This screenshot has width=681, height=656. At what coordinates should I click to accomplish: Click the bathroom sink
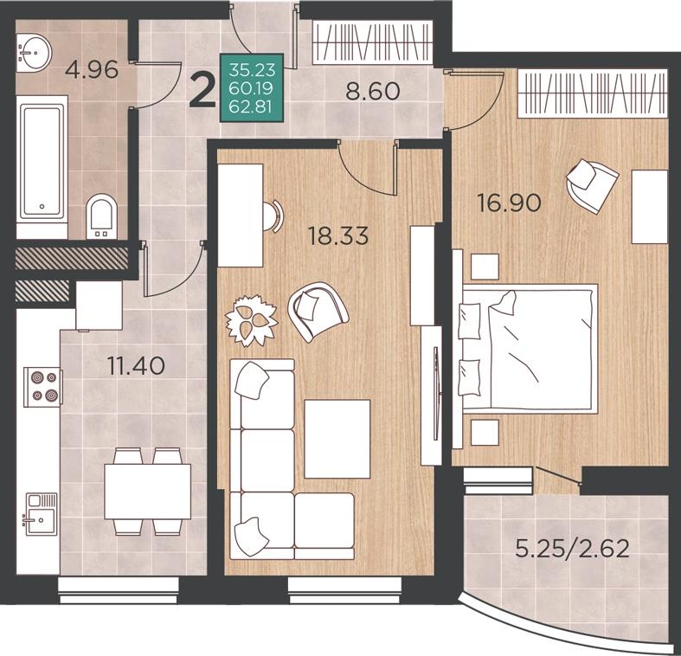point(34,52)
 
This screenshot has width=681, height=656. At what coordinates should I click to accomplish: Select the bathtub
point(42,162)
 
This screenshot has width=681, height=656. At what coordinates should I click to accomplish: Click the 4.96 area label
point(91,69)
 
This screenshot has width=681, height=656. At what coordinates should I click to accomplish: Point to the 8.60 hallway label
point(373,91)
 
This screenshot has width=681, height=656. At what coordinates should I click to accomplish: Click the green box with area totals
point(252,87)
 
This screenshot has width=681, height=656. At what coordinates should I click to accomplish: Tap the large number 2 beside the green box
point(202,92)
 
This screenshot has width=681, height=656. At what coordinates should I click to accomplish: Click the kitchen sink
point(42,514)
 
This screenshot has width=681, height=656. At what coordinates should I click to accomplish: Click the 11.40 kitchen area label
point(136,366)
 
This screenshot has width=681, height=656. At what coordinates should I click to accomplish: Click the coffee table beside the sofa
point(337,439)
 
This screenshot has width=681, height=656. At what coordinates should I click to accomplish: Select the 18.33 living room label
point(337,236)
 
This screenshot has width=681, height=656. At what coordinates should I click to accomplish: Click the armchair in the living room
point(318,311)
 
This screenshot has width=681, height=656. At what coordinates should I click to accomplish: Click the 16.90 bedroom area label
point(509,203)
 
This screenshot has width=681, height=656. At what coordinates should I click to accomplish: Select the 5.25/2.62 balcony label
point(572,549)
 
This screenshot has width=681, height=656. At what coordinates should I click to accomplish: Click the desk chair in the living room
point(274,215)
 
